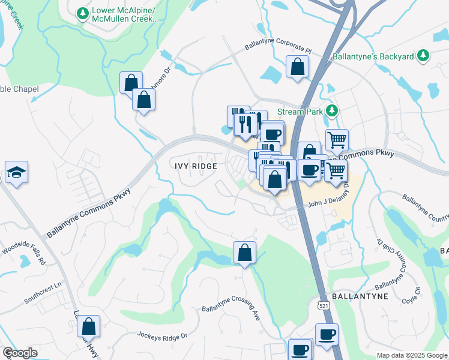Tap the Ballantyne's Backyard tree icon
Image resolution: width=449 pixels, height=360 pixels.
[x=423, y=56]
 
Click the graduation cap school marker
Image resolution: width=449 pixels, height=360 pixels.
[x=16, y=173]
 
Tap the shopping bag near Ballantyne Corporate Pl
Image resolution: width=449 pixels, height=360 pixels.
[x=297, y=67]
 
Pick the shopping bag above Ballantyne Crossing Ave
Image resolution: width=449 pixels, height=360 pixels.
[x=244, y=253]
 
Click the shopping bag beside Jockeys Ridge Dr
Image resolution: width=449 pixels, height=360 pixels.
[x=88, y=328]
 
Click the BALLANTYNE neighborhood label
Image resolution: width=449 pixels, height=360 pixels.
[x=358, y=296]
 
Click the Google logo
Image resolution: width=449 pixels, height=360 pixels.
[x=20, y=353]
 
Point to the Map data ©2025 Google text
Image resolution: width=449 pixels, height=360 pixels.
[x=411, y=355]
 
